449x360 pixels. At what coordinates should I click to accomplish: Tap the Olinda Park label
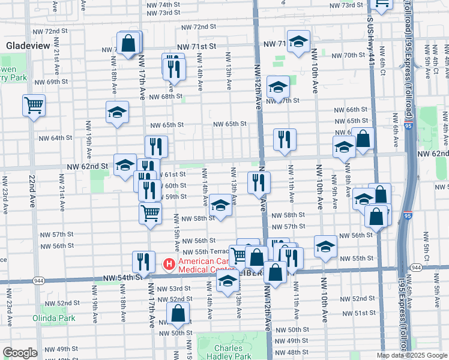point(54,318)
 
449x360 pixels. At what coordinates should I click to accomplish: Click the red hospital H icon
point(169,263)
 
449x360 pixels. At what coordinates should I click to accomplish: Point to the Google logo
point(20,353)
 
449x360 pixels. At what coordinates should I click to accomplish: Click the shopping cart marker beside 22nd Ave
point(34,106)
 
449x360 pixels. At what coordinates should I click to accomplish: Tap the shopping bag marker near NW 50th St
point(178,313)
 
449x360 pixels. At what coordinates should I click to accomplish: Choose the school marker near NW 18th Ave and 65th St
point(118,112)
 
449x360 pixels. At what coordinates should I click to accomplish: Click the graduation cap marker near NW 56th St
point(325,246)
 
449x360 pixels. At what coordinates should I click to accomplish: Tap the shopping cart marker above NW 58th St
point(150,212)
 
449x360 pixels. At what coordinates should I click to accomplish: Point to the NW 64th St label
point(55,138)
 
